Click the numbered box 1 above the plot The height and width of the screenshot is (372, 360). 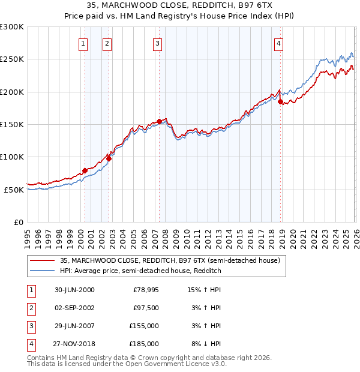click(x=82, y=43)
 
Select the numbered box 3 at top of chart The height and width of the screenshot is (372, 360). click(x=157, y=43)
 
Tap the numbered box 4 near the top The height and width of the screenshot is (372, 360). click(x=280, y=43)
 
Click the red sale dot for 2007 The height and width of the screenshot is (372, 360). click(x=159, y=121)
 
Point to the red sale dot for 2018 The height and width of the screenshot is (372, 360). click(x=281, y=102)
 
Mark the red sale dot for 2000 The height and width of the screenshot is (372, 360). click(x=85, y=170)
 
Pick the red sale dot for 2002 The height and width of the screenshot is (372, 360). click(x=109, y=158)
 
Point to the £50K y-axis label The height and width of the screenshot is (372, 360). click(x=14, y=190)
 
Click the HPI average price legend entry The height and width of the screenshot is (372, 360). click(x=140, y=271)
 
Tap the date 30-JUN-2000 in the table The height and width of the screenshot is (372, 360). click(x=74, y=290)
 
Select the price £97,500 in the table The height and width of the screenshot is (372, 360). click(x=146, y=308)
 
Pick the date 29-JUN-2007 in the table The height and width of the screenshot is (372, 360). click(x=74, y=326)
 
